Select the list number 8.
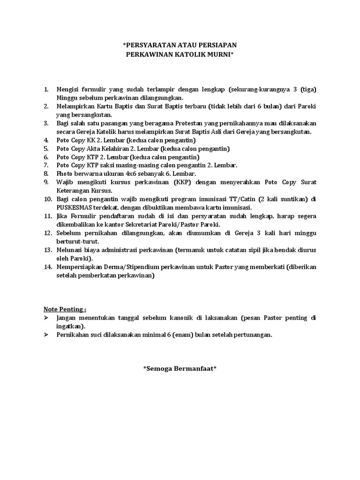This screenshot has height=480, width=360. pyautogui.click(x=46, y=173)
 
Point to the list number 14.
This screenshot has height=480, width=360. pyautogui.click(x=47, y=267)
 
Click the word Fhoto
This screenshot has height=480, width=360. pyautogui.click(x=66, y=173)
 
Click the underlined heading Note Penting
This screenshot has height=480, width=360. pyautogui.click(x=65, y=309)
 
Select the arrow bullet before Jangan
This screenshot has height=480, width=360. pyautogui.click(x=46, y=318)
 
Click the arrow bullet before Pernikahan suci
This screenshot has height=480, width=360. pyautogui.click(x=46, y=335)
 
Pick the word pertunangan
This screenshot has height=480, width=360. pyautogui.click(x=252, y=335)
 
